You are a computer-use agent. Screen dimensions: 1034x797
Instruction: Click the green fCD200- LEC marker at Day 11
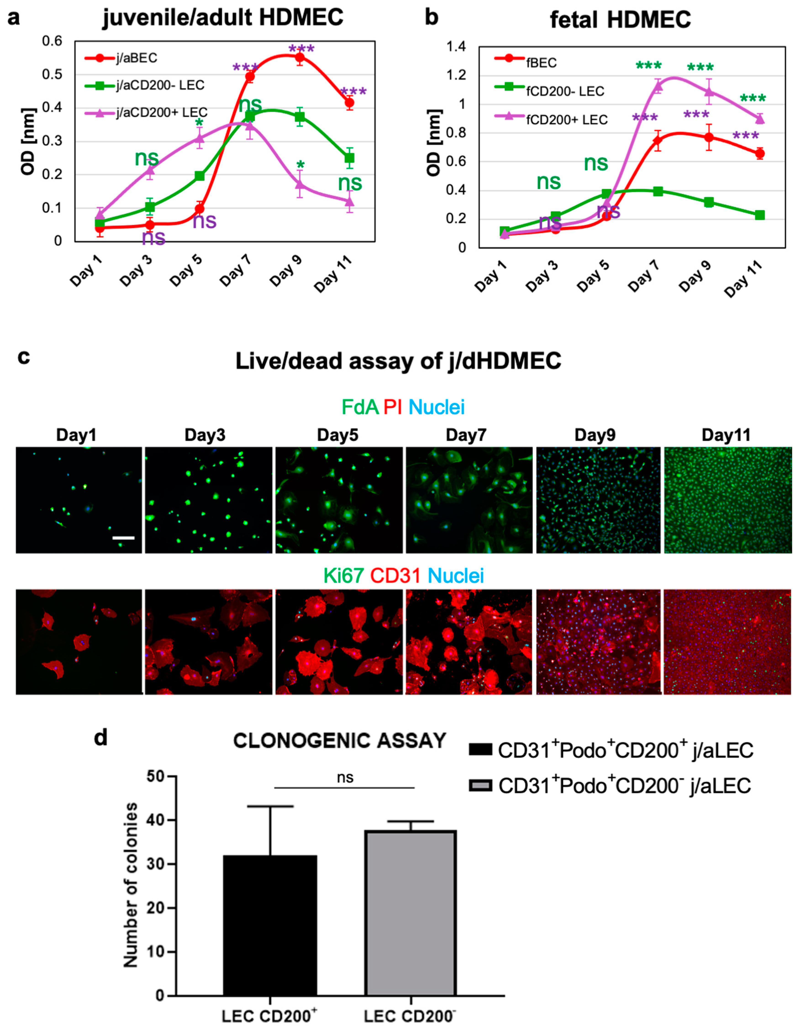click(x=760, y=215)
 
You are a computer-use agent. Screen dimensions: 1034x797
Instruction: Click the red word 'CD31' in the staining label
click(x=395, y=576)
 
